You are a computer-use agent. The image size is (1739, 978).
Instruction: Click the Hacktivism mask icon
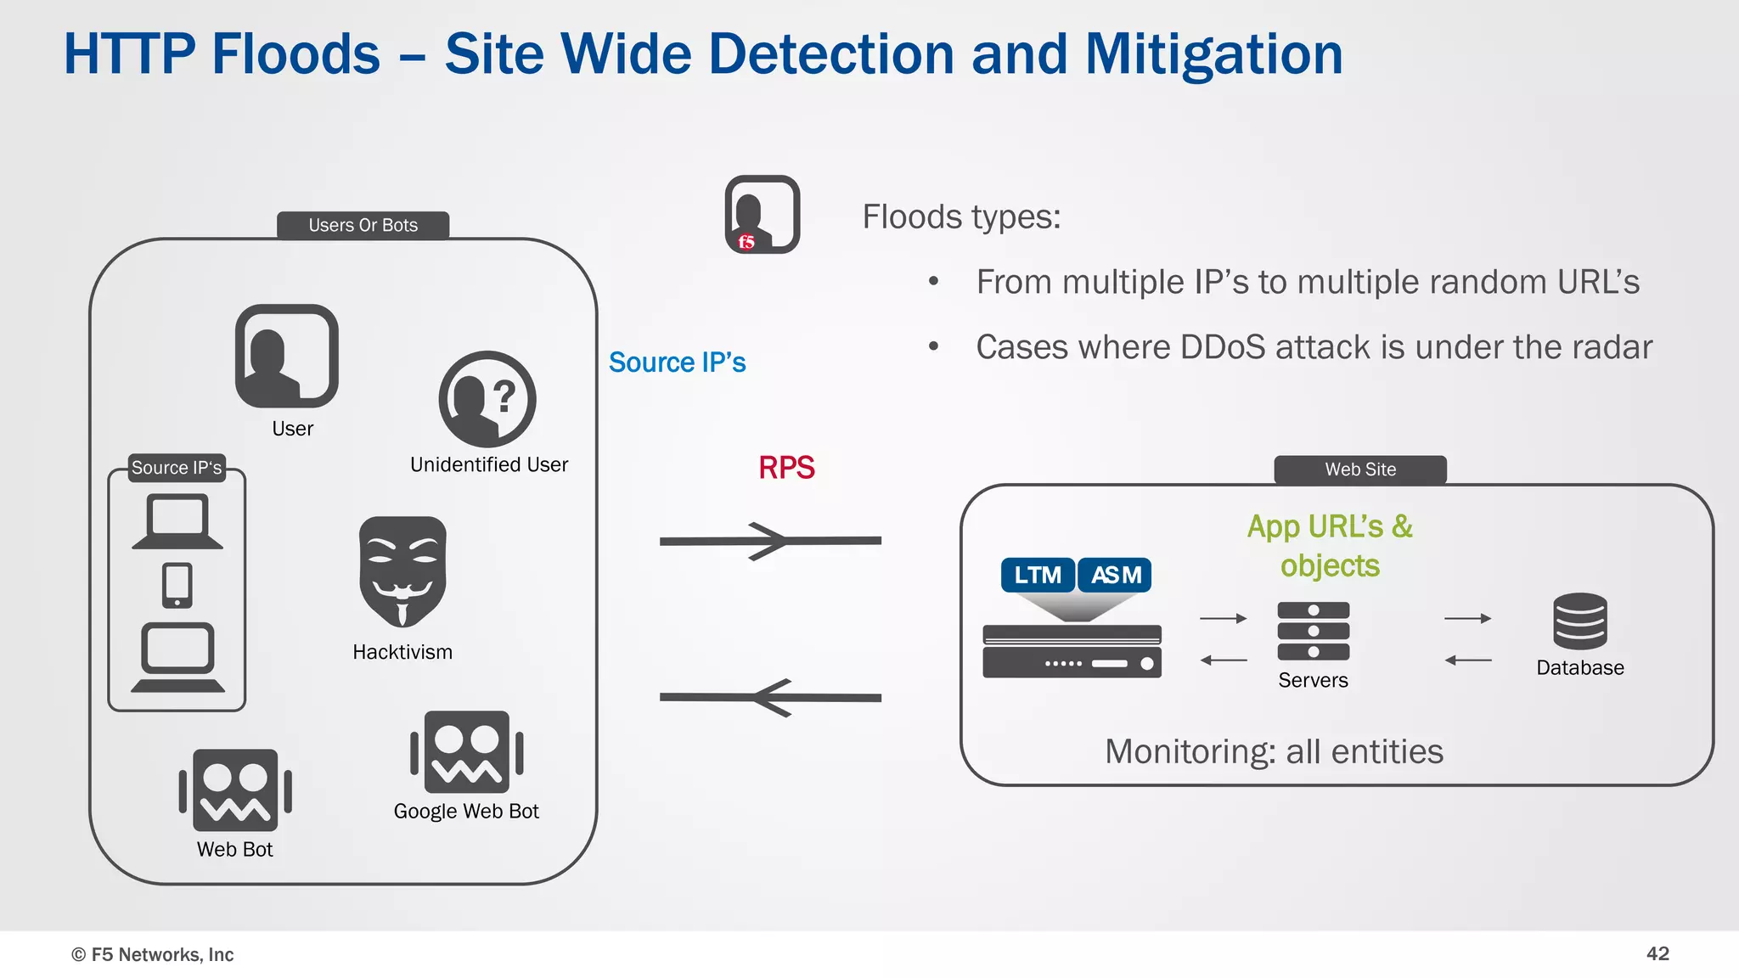point(402,570)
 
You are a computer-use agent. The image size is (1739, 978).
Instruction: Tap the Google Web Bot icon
point(466,752)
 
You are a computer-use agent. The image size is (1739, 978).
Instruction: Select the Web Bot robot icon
point(235,790)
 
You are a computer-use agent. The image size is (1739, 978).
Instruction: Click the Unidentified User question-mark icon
point(487,399)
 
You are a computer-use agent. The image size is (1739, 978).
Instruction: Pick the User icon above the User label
point(287,356)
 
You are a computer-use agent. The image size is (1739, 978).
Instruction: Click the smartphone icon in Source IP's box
point(177,585)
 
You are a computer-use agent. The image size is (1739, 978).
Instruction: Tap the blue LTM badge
point(1038,575)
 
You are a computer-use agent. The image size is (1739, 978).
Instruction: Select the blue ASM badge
point(1116,575)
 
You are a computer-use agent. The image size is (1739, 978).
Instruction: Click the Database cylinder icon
point(1579,621)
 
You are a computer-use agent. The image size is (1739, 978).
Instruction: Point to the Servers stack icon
point(1313,631)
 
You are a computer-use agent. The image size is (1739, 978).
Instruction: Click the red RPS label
point(786,468)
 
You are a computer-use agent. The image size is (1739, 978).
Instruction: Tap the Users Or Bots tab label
point(363,225)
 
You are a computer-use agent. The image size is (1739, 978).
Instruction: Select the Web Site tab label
point(1360,469)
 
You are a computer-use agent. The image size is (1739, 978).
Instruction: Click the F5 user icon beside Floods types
point(763,215)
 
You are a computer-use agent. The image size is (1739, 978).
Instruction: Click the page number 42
point(1657,953)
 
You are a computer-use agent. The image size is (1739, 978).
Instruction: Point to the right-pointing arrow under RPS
point(769,541)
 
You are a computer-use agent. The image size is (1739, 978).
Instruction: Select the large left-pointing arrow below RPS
point(769,697)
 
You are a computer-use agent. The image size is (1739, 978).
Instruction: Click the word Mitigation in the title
point(1213,54)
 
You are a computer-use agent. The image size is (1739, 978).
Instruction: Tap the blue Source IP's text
point(677,363)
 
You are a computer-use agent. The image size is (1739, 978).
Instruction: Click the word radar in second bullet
point(1609,347)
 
